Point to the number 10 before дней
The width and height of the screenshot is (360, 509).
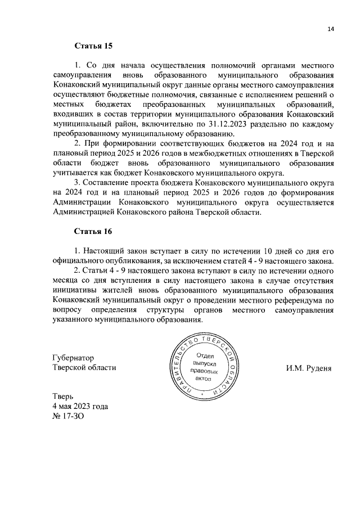point(255,250)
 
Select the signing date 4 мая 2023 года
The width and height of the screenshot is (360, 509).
point(80,406)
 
